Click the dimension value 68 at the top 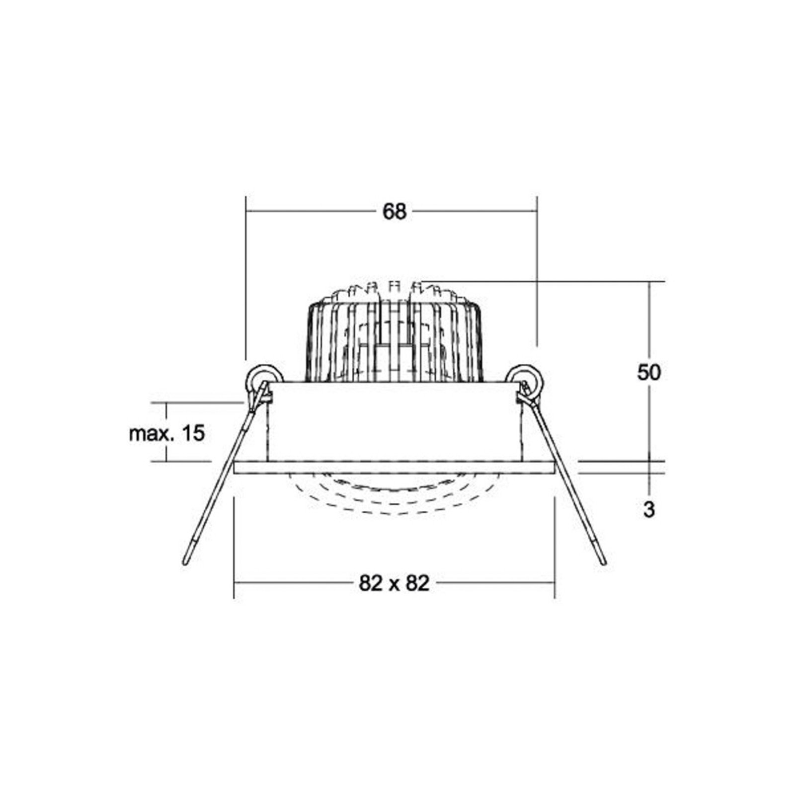click(394, 212)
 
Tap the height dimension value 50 click(649, 372)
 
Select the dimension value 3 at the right click(649, 510)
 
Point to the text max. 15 click(166, 433)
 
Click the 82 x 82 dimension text click(394, 583)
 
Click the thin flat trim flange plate click(394, 467)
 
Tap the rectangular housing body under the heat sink click(394, 422)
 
